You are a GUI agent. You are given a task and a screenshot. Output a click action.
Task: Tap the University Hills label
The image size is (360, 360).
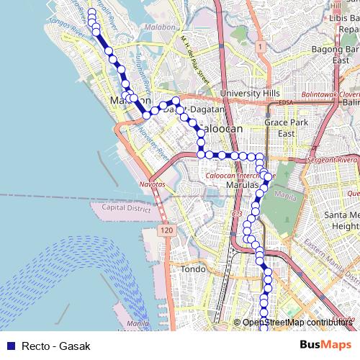click(250, 94)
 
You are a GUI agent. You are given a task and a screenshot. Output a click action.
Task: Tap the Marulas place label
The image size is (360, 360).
click(242, 185)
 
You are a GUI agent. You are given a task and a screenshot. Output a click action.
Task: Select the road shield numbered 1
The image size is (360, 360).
click(260, 45)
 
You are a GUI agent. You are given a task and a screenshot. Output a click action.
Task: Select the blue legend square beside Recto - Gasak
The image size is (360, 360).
click(10, 346)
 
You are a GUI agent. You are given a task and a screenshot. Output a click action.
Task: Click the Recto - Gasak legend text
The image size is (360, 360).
click(56, 346)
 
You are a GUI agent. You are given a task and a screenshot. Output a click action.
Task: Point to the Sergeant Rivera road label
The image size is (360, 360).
click(332, 158)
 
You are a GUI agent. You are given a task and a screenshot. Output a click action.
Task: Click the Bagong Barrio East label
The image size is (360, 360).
click(336, 55)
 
